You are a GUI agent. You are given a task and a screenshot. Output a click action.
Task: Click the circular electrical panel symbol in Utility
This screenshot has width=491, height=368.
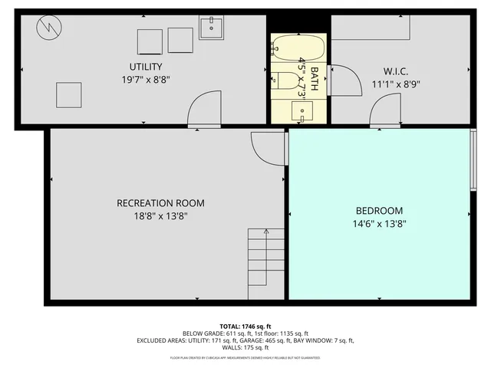point(48,30)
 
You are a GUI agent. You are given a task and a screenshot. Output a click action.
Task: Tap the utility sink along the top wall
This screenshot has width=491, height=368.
point(211,27)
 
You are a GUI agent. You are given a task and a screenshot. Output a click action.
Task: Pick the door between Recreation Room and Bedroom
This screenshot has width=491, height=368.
point(268,146)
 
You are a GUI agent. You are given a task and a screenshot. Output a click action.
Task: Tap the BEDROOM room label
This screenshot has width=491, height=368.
point(378,211)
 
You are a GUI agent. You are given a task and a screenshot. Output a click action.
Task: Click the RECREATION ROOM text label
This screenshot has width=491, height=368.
point(160,203)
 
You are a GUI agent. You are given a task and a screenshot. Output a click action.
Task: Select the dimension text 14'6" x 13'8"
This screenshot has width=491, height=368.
point(378,224)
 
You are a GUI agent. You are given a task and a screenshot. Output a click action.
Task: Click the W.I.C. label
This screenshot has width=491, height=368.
point(396,71)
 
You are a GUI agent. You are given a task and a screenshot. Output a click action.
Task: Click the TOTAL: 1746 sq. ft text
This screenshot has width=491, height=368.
point(245,326)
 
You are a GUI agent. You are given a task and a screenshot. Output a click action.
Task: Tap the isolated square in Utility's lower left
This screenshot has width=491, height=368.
point(68,94)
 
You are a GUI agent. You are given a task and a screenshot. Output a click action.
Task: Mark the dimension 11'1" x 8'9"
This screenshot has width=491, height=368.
point(396,84)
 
